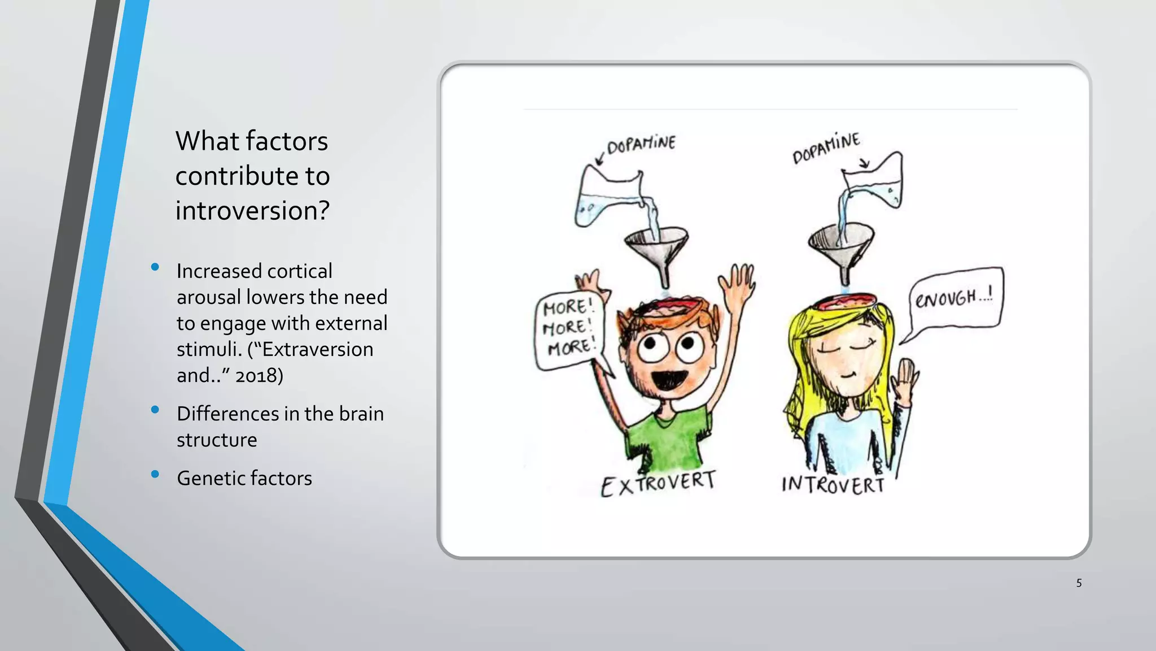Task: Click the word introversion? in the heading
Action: [252, 211]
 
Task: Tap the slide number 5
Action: [1079, 583]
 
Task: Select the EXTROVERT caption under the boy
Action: [658, 484]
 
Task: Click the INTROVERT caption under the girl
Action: [833, 485]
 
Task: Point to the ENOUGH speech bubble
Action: [954, 298]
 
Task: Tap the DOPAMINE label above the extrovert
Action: [641, 145]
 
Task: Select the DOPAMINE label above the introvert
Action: [826, 148]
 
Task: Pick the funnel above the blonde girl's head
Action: [841, 243]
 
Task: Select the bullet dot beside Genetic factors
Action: [155, 475]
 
